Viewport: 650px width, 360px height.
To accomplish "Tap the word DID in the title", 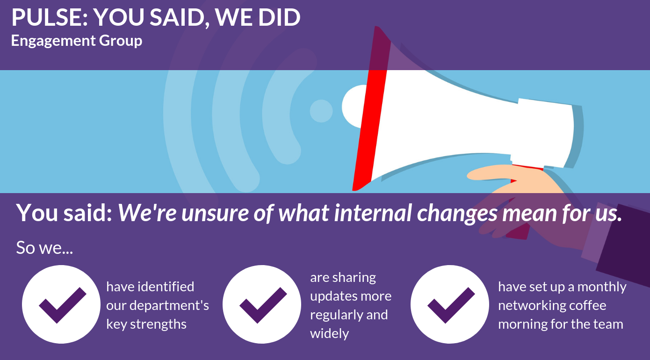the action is click(x=279, y=17).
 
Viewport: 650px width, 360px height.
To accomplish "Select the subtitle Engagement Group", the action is click(x=77, y=41).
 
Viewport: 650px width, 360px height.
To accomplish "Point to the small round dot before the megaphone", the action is click(x=321, y=111).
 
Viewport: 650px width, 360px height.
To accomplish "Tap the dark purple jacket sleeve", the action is click(x=624, y=246).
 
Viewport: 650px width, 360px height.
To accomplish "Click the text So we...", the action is click(x=44, y=248).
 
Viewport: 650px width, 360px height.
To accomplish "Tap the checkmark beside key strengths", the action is click(x=63, y=305).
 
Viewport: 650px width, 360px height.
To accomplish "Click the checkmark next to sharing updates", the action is click(x=263, y=305).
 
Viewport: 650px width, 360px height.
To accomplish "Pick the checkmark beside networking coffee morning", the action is click(x=451, y=305).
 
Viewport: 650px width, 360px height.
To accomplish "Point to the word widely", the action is click(x=329, y=334).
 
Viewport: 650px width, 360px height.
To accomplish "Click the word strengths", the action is click(x=158, y=324).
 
